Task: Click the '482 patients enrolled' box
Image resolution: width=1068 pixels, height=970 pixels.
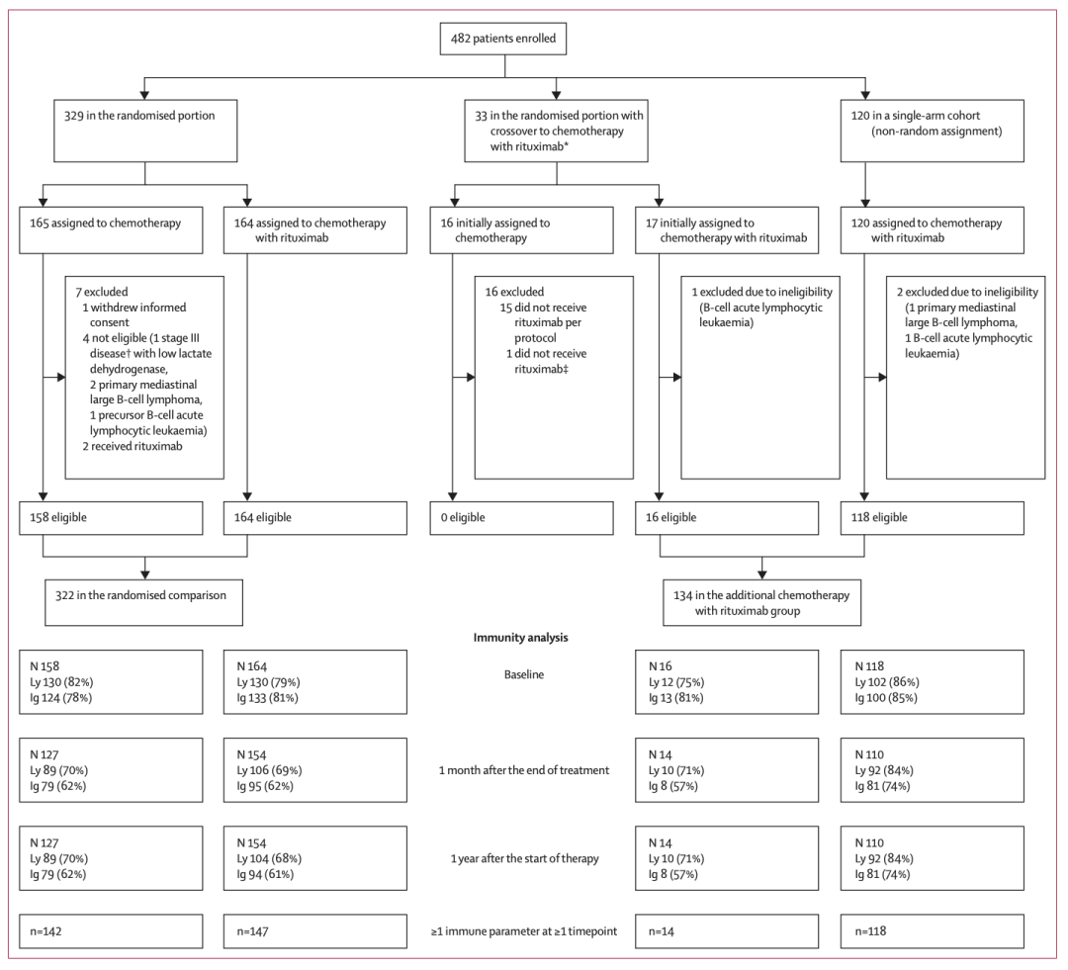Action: click(503, 39)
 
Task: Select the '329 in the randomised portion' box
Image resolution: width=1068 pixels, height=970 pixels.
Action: click(145, 131)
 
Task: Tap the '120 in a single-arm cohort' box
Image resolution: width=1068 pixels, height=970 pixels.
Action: click(932, 131)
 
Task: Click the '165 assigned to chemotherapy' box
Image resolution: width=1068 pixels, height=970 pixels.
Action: click(111, 230)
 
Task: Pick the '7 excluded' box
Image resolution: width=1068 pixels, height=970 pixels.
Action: click(144, 378)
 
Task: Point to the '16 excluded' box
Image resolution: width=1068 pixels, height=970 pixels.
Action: click(554, 378)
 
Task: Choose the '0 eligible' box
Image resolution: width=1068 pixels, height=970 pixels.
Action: click(522, 518)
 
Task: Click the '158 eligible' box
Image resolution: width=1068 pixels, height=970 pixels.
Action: click(111, 518)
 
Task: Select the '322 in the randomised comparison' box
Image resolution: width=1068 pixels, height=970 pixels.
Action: click(143, 602)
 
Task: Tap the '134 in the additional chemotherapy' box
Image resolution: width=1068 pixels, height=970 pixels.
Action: click(762, 602)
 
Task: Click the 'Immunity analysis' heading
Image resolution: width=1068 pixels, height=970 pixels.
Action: click(521, 638)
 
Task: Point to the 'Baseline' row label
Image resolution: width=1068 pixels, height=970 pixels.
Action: click(524, 674)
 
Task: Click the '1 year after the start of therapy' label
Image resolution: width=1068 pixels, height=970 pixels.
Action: click(524, 858)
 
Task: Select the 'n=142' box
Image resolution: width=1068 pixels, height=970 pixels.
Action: click(111, 931)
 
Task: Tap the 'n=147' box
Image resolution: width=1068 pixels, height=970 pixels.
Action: click(315, 931)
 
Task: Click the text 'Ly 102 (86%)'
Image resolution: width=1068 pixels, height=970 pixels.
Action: click(887, 682)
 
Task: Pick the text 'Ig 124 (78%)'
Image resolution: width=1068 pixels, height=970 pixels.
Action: click(60, 697)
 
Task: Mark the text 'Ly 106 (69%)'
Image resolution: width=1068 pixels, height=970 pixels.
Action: click(269, 770)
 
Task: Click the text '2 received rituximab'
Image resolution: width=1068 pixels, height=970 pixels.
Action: click(133, 446)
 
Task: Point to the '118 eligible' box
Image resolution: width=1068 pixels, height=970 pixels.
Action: click(932, 518)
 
